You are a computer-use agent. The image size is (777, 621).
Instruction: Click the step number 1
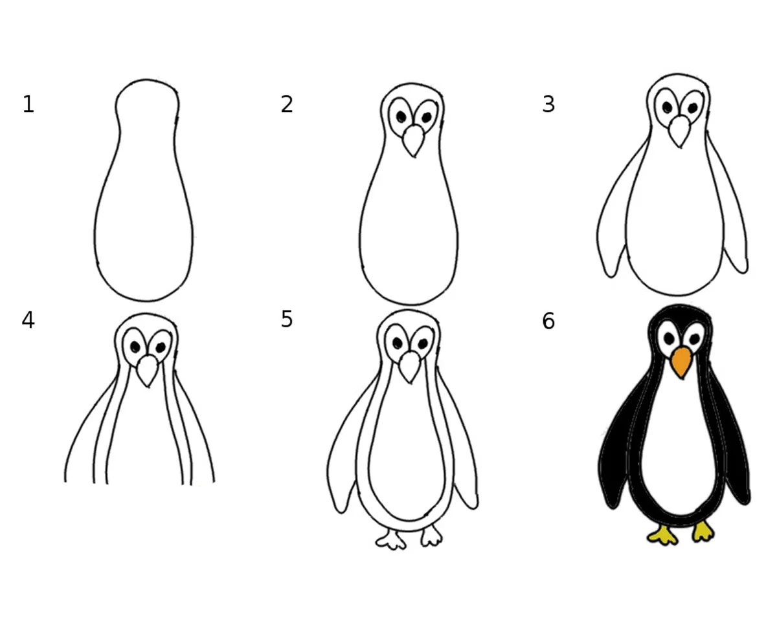28,104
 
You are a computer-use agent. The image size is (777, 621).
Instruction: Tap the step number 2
287,104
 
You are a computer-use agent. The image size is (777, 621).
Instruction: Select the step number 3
548,104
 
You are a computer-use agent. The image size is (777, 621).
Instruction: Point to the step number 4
28,320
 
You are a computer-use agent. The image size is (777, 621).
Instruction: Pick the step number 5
287,320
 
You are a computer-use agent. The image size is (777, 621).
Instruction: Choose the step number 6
548,321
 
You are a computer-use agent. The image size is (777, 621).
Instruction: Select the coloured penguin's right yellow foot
703,532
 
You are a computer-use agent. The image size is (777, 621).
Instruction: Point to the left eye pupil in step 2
401,117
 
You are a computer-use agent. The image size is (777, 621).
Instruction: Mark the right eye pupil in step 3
693,108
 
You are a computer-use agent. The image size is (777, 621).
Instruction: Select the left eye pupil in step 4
135,347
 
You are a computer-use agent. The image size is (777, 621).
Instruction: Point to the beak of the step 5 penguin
409,367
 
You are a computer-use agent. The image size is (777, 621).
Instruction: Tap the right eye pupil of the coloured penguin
695,339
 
